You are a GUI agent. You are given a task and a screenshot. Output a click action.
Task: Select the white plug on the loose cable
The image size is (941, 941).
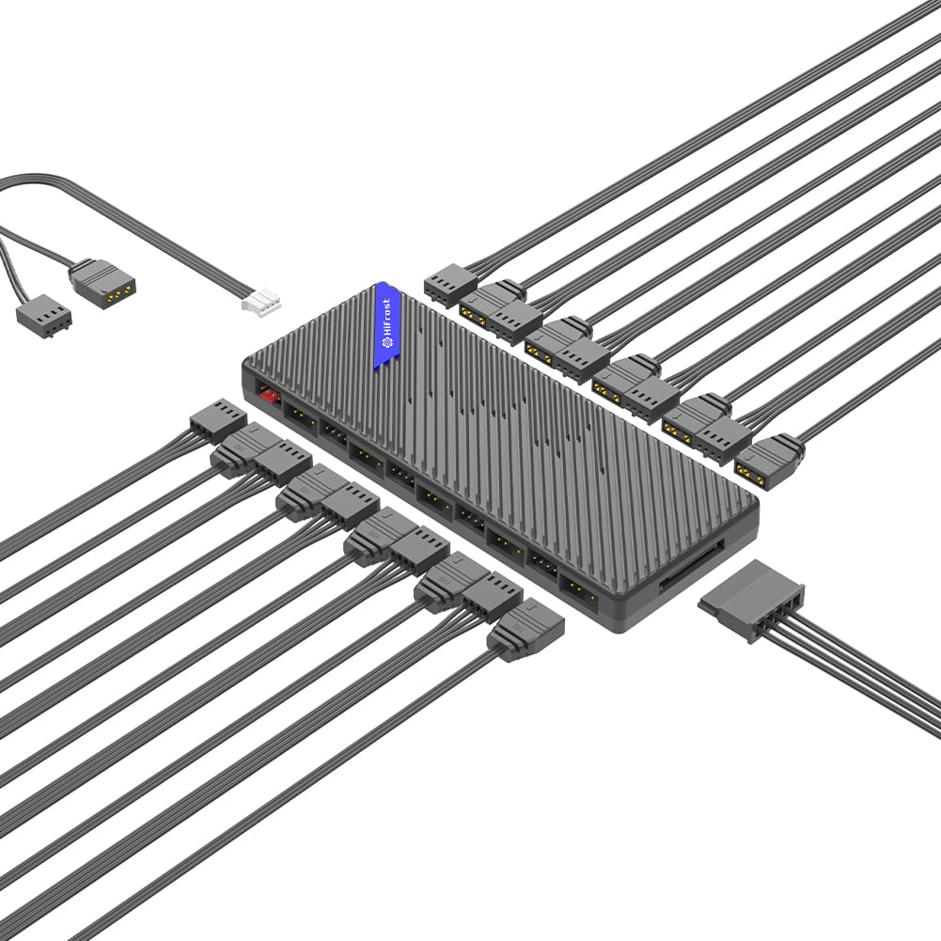click(x=261, y=300)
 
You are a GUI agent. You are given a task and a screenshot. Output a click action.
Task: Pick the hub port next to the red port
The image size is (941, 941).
click(x=301, y=415)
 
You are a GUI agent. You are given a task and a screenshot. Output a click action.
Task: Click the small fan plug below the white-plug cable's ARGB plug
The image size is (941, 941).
click(x=44, y=316)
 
